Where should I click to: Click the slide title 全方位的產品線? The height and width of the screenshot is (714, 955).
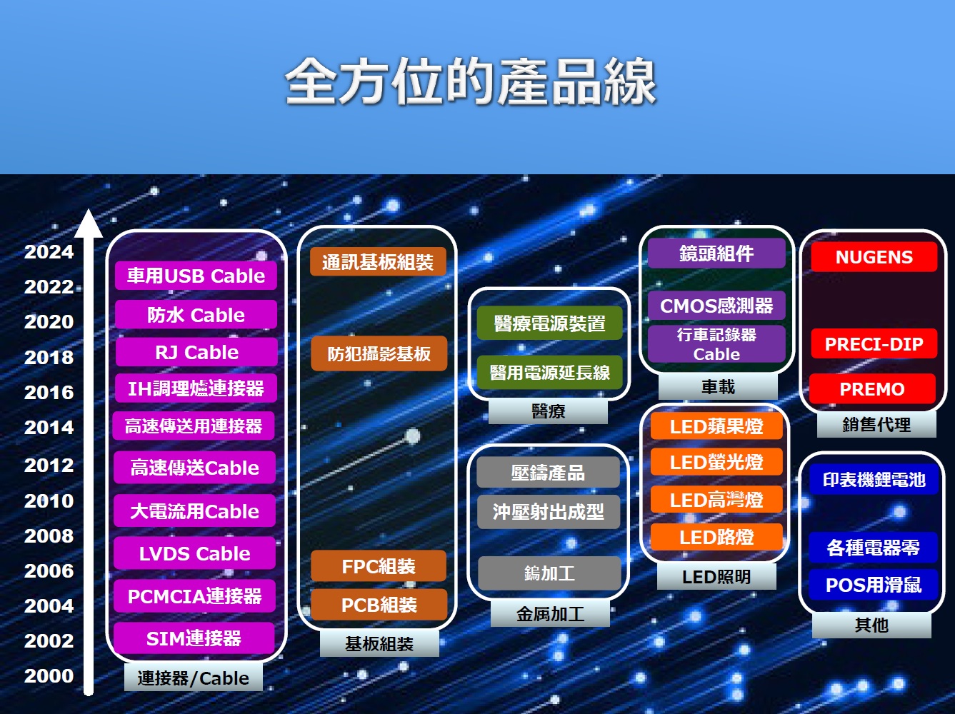point(470,81)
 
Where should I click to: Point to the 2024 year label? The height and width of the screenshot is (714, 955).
point(49,252)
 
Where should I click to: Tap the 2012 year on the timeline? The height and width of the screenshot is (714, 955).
point(49,466)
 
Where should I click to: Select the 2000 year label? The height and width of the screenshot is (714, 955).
point(49,675)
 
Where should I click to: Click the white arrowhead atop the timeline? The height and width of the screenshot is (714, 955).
point(89,223)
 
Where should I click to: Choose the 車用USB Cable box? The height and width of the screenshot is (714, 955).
point(196,276)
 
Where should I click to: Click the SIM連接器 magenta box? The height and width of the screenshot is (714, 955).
point(194,638)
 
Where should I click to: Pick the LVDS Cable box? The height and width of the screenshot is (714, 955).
point(194,553)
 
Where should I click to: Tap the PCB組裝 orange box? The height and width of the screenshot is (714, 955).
point(379,605)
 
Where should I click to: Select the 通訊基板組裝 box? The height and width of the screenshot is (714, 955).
point(378,262)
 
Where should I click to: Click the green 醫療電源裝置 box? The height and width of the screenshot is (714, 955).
point(549,323)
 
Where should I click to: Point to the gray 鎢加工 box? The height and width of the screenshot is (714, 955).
point(549,573)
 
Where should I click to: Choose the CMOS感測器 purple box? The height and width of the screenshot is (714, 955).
point(716,306)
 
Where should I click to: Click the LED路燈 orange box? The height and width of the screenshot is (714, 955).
point(716,537)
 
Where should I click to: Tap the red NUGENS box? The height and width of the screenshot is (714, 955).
point(874,257)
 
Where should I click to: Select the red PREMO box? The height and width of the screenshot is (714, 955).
point(872,388)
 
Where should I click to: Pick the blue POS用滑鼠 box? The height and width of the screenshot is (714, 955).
point(874,585)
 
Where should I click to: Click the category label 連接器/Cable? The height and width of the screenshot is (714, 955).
point(193,678)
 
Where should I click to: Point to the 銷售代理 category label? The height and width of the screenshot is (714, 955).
point(876,424)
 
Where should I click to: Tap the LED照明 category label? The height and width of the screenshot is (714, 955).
point(716,577)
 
